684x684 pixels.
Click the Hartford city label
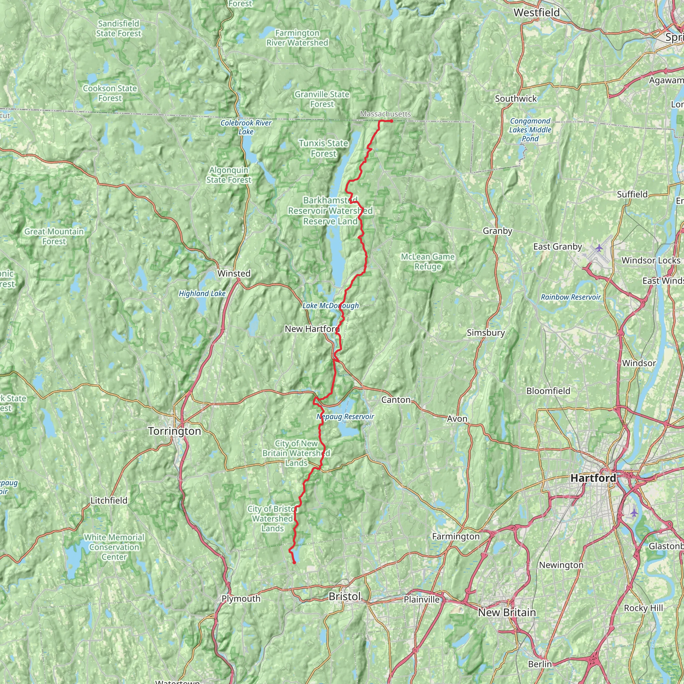(x=593, y=478)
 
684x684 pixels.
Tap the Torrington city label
(x=175, y=431)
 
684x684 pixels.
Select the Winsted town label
(x=234, y=273)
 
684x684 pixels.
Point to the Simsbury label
(x=486, y=332)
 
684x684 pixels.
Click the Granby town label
(x=497, y=231)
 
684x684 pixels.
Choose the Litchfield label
(x=109, y=500)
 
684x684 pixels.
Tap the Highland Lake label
(x=202, y=294)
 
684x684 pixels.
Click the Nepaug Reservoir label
(x=345, y=416)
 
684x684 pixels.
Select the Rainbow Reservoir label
(x=571, y=297)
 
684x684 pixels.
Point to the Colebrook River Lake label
(x=246, y=127)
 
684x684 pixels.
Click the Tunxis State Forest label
(x=323, y=148)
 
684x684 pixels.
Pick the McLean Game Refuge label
(x=428, y=261)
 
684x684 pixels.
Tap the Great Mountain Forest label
(x=54, y=236)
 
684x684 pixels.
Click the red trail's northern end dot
(x=391, y=121)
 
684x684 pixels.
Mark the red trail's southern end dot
(x=295, y=562)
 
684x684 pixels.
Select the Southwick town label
(x=516, y=99)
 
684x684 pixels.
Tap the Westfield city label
(x=536, y=12)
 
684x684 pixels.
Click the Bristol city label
(x=344, y=596)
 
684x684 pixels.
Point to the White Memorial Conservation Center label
(x=114, y=547)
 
